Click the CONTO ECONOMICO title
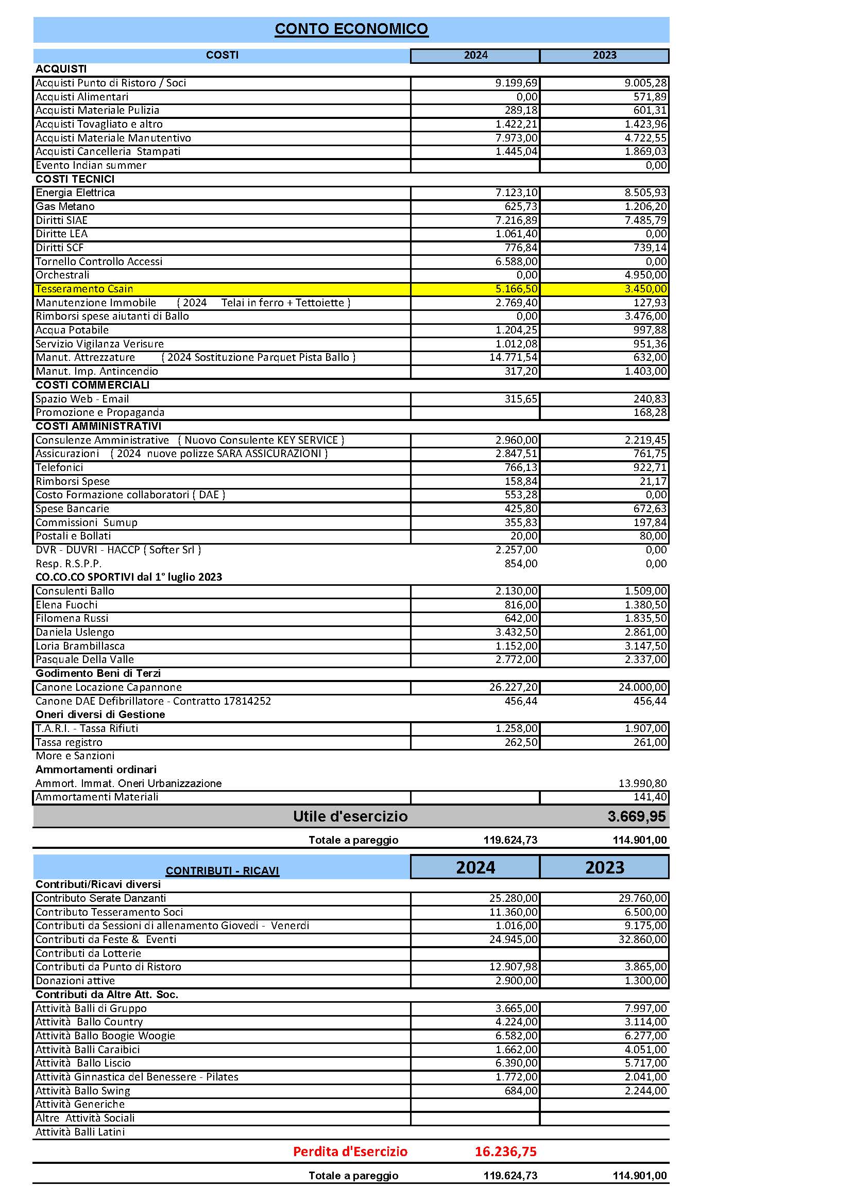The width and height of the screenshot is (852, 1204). (351, 29)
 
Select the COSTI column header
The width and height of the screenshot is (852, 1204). (222, 55)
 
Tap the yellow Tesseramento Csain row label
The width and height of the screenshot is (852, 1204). (84, 289)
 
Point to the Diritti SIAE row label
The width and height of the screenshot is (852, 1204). (61, 220)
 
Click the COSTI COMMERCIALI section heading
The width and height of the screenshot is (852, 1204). (92, 385)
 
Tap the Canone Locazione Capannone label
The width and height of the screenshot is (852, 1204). (109, 688)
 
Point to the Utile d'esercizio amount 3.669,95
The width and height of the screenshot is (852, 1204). (636, 816)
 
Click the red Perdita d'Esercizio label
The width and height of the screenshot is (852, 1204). (350, 1151)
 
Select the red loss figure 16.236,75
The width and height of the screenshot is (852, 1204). (505, 1151)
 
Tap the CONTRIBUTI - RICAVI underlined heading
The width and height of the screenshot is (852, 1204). (222, 871)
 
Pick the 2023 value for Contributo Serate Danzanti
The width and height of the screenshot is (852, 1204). (643, 898)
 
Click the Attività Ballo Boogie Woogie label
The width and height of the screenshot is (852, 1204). (105, 1036)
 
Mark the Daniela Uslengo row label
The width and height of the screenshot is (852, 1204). (75, 633)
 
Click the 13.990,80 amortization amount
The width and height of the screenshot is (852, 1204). (643, 783)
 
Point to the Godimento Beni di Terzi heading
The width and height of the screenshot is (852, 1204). (98, 673)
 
